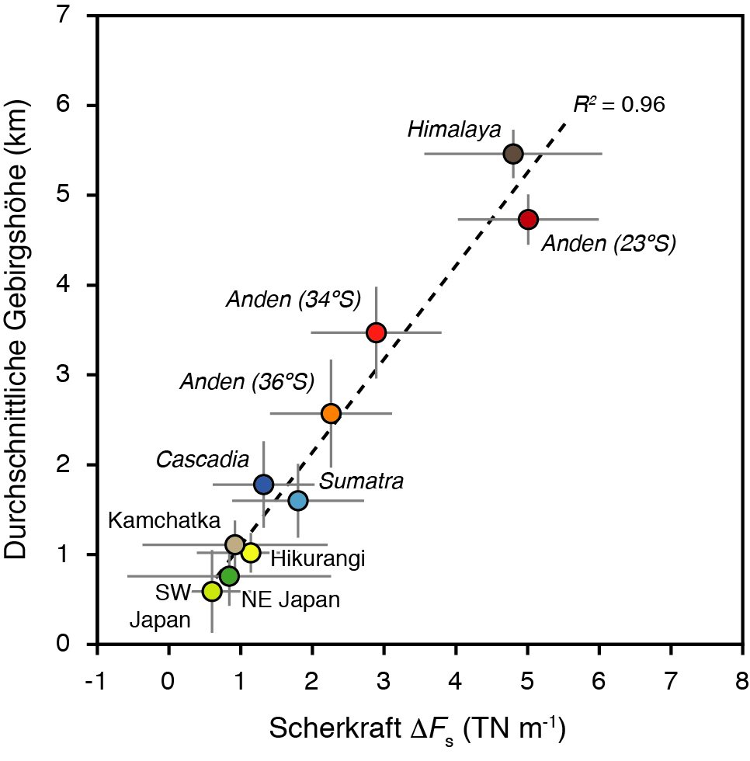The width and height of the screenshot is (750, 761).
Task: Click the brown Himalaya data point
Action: (x=513, y=154)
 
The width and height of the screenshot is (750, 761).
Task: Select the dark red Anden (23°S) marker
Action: (x=528, y=220)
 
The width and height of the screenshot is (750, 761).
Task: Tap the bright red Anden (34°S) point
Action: (x=376, y=332)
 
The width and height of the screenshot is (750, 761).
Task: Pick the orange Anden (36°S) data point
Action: (x=331, y=414)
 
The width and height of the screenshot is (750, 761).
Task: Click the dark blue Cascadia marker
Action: (x=264, y=485)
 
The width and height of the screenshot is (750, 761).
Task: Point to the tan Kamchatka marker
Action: (x=234, y=544)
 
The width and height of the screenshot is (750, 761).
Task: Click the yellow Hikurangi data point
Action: (x=250, y=553)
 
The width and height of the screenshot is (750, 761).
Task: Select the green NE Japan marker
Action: (x=229, y=576)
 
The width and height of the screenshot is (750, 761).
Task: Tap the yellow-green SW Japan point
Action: (x=211, y=592)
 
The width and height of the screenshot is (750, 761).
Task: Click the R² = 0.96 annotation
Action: (x=619, y=105)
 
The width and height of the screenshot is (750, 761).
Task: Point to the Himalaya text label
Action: (x=454, y=130)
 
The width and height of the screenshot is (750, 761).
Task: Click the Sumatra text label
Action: (x=362, y=482)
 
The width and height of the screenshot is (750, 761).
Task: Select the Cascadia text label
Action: (x=203, y=460)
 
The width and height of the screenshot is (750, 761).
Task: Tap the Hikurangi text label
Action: (x=318, y=558)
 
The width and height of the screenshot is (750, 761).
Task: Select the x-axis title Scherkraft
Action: (x=416, y=730)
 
